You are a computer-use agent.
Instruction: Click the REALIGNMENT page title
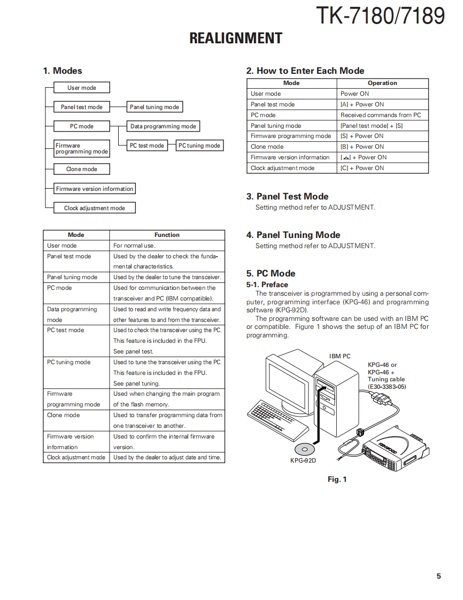[236, 39]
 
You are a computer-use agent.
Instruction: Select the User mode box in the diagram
[82, 88]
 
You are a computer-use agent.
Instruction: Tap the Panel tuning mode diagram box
[155, 107]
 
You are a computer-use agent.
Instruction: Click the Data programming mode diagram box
[163, 126]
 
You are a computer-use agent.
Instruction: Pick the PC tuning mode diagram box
[199, 145]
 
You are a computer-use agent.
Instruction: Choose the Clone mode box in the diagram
[82, 169]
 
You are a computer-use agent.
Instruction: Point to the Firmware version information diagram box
[95, 189]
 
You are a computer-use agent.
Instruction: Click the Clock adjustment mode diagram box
[95, 208]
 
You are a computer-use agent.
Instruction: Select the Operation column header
[382, 83]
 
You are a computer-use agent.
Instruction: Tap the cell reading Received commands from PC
[381, 115]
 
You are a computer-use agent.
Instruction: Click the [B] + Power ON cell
[362, 147]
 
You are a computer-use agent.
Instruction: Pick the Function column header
[167, 235]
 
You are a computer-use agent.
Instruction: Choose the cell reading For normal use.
[134, 245]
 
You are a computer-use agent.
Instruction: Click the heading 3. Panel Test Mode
[287, 196]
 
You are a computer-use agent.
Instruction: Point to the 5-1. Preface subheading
[267, 284]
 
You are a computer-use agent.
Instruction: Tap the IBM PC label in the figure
[339, 356]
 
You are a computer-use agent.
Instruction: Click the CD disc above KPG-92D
[304, 449]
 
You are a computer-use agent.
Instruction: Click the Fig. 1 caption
[337, 479]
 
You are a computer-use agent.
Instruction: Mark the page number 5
[438, 576]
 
